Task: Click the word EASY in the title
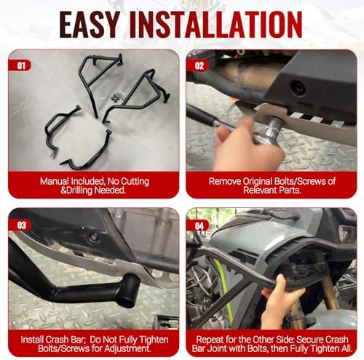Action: (90, 24)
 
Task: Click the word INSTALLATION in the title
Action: (216, 24)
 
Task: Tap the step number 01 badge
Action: (20, 65)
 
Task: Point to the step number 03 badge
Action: (20, 225)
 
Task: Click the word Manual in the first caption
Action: (55, 181)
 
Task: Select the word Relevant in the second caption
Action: (260, 191)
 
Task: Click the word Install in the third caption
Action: (32, 340)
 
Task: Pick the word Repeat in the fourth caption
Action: (210, 340)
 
